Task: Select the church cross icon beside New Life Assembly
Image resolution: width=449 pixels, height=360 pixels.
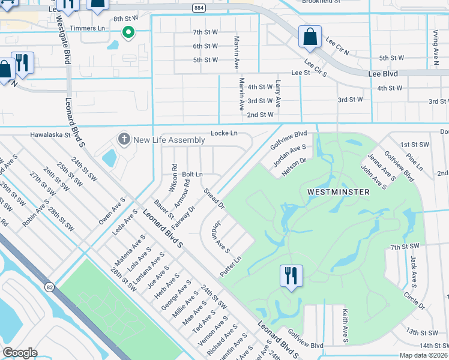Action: (x=124, y=140)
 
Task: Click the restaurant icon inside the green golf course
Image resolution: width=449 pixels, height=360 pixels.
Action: (x=291, y=276)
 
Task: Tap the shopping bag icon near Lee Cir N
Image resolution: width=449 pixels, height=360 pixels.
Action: (x=310, y=37)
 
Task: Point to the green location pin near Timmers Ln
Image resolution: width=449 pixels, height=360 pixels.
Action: (x=128, y=32)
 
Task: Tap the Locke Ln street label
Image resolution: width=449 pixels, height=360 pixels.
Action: (x=224, y=133)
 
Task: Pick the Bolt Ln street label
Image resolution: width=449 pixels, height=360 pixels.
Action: (x=193, y=174)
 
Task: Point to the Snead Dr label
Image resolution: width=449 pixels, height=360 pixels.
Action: (x=214, y=199)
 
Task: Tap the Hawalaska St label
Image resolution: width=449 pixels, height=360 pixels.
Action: (x=51, y=136)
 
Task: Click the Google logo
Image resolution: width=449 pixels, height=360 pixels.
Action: (x=20, y=353)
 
